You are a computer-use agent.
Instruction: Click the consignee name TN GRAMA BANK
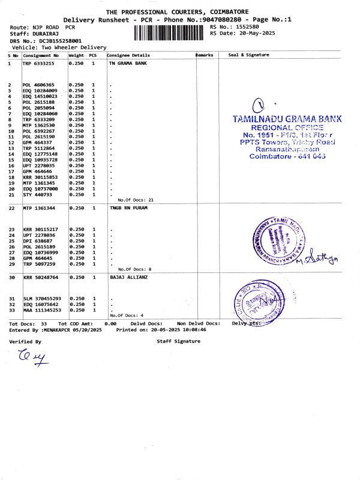[128, 62]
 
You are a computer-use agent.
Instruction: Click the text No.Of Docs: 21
[136, 200]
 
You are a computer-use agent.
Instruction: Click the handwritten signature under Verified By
[31, 359]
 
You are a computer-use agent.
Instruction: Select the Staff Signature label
[178, 341]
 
